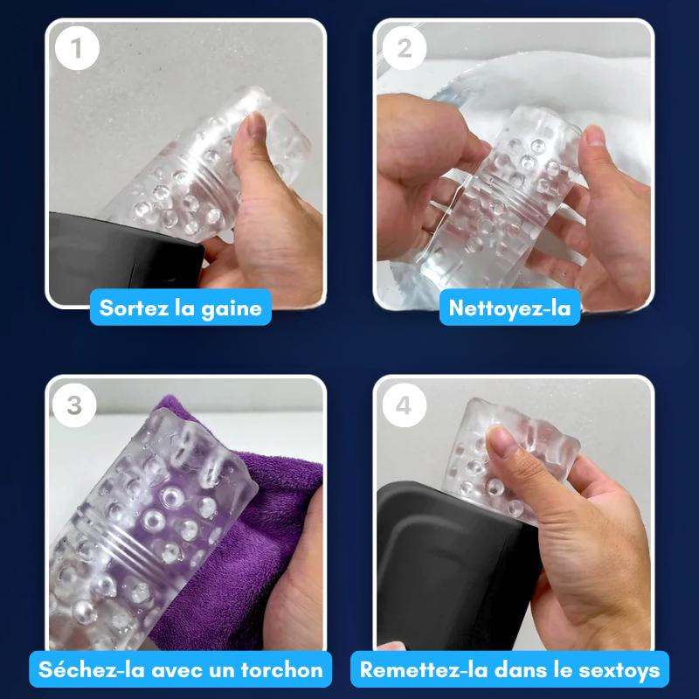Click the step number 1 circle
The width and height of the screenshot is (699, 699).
(77, 48)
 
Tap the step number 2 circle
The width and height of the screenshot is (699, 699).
(405, 48)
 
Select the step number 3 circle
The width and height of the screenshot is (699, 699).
(74, 405)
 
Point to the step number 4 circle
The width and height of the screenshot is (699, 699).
(404, 405)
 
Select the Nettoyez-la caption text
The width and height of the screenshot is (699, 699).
(509, 308)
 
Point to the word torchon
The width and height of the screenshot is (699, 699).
(281, 669)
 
